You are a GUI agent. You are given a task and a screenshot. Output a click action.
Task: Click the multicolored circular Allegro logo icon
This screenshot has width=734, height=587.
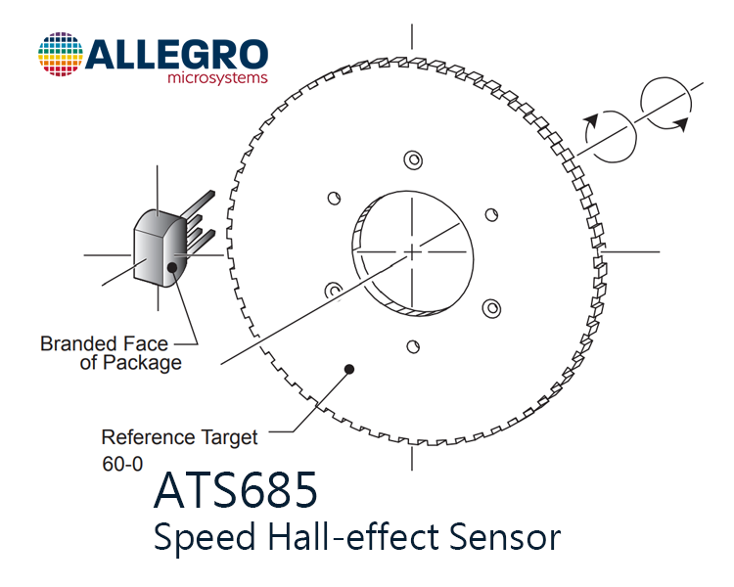(61, 55)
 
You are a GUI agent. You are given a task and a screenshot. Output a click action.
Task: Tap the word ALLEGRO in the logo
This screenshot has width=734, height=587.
(176, 55)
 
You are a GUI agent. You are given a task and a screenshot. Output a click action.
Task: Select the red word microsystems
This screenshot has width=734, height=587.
(217, 77)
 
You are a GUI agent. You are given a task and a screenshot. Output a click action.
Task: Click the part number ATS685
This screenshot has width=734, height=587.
(236, 490)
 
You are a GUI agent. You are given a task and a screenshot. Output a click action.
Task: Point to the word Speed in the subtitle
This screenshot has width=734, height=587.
(205, 537)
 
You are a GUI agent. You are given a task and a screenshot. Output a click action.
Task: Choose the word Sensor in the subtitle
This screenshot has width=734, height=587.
(505, 536)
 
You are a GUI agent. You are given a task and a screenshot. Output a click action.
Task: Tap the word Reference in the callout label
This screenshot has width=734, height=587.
(148, 437)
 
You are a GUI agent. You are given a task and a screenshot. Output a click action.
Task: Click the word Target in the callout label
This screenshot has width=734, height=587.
(229, 438)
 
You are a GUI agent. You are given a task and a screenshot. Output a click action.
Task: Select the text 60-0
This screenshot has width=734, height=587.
(122, 464)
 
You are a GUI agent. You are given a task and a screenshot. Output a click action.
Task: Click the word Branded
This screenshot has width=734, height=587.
(75, 343)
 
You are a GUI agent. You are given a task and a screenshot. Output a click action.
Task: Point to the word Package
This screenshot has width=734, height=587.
(142, 363)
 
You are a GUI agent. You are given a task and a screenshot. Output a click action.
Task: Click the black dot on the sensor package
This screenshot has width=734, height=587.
(172, 267)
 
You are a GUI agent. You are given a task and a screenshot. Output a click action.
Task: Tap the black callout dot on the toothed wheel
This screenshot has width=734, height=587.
(348, 370)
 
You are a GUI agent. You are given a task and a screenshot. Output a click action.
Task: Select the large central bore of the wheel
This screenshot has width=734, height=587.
(412, 253)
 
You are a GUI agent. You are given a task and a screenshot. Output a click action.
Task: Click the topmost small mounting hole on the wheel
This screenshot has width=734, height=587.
(413, 160)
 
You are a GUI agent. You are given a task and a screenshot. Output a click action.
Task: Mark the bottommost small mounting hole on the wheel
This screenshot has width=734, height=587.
(413, 347)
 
